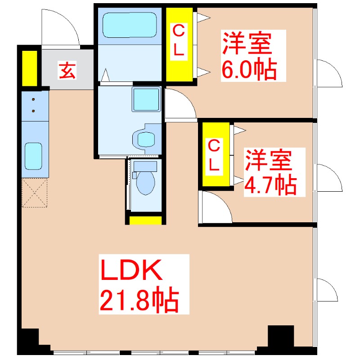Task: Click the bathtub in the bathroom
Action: click(130, 25)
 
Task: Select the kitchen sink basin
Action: click(33, 156)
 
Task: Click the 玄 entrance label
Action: click(67, 71)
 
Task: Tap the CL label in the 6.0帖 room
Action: click(179, 41)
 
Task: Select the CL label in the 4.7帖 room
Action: click(214, 157)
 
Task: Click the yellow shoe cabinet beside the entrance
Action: click(30, 68)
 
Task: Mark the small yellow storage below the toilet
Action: click(145, 220)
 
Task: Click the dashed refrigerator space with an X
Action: click(35, 193)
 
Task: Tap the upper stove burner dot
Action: click(33, 99)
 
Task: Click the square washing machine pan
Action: click(146, 99)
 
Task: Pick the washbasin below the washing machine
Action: click(146, 139)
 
